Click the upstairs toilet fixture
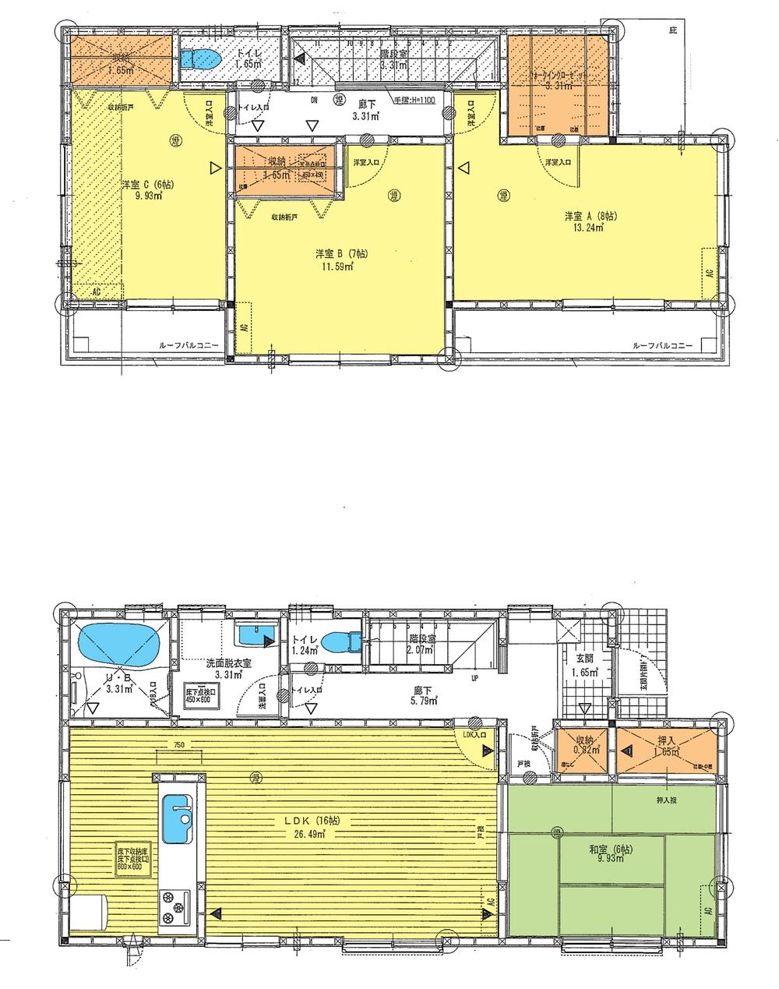pos(202,59)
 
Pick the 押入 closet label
pos(666,740)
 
